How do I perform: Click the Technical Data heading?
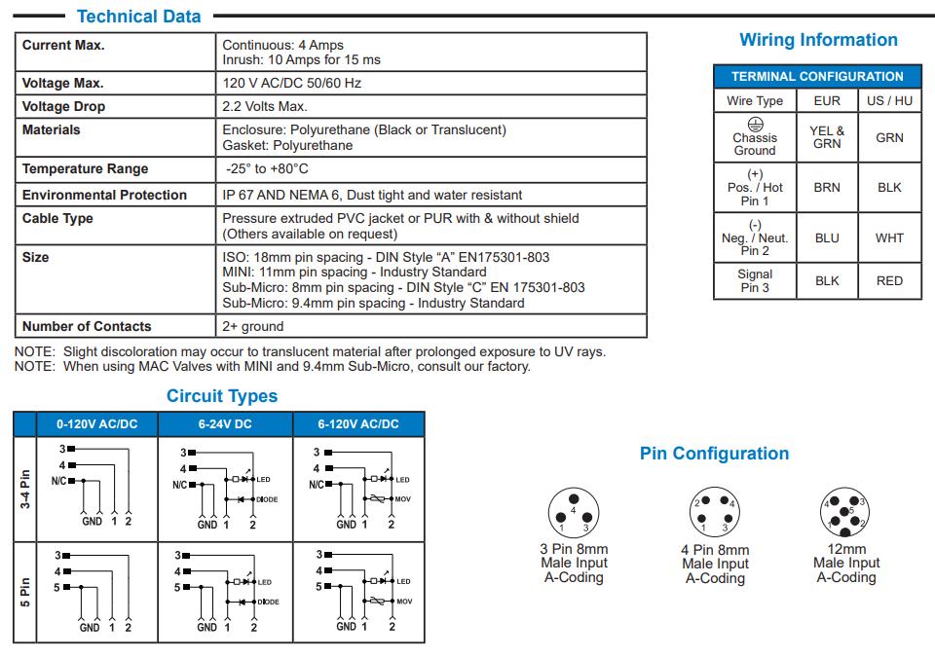[x=138, y=17]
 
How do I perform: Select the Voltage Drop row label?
[x=63, y=106]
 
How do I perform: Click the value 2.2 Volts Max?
[x=264, y=106]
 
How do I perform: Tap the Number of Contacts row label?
[x=87, y=326]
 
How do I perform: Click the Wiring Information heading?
[x=818, y=40]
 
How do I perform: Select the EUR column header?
[x=826, y=100]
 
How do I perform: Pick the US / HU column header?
[x=889, y=100]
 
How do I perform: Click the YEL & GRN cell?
[x=827, y=137]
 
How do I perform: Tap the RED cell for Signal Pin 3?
[x=889, y=280]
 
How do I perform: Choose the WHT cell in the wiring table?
[x=889, y=238]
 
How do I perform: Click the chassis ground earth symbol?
[x=755, y=124]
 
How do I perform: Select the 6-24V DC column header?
[x=225, y=424]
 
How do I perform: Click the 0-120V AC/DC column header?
[x=96, y=424]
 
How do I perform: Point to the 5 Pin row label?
[x=25, y=591]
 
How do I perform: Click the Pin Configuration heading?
[x=714, y=454]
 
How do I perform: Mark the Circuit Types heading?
[x=221, y=396]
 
